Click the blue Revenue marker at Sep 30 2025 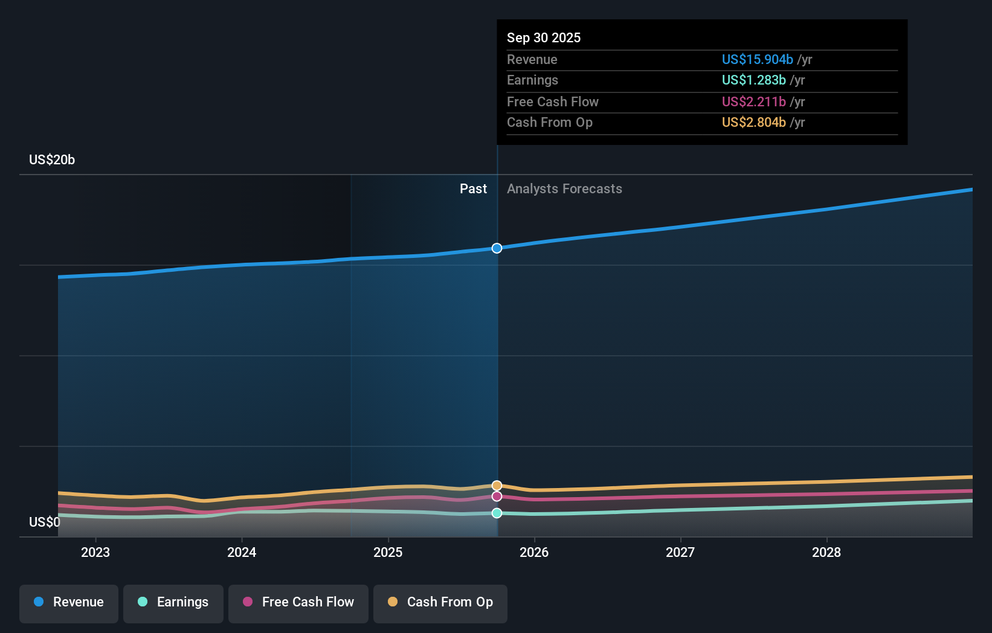[497, 248]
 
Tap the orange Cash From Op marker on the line [497, 486]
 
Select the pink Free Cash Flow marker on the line [497, 496]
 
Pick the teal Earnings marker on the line [497, 513]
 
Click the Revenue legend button [69, 602]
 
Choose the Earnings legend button [173, 602]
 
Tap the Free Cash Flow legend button [298, 602]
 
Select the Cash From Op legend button [440, 602]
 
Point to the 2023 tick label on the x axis [95, 552]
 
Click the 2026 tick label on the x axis [534, 552]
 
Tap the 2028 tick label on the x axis [826, 552]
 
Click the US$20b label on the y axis [52, 159]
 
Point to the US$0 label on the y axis [45, 522]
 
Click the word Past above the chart [473, 188]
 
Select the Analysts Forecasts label [564, 188]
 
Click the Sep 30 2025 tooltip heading [544, 37]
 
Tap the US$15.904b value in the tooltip [757, 59]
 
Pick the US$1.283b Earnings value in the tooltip [753, 80]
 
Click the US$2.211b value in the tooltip [753, 101]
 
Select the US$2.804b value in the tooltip [753, 122]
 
